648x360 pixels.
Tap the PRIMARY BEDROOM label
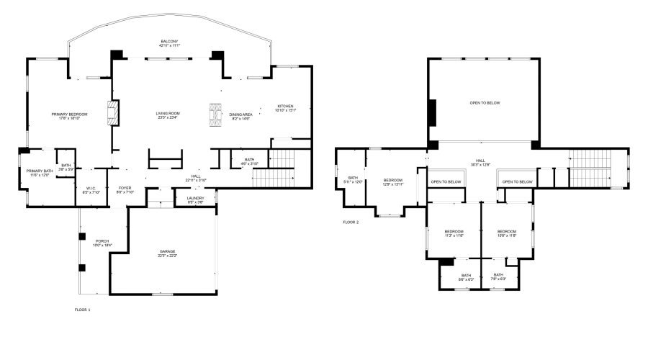[x=69, y=114]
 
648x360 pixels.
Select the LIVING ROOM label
[x=168, y=113]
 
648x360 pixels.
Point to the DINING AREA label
[x=240, y=114]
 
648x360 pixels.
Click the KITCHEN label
[x=286, y=106]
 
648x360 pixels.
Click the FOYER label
[x=126, y=188]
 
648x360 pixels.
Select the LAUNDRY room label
[x=195, y=199]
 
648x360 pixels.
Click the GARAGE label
[x=167, y=251]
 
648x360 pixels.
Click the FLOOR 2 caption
[x=351, y=222]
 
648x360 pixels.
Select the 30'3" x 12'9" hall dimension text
[x=481, y=165]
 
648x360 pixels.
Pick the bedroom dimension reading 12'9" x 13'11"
[x=392, y=184]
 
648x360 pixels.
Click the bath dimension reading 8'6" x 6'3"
[x=467, y=279]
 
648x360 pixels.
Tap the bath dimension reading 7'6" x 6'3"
[x=498, y=279]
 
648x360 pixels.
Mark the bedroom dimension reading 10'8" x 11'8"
[x=508, y=235]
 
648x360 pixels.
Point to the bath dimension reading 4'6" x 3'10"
[x=249, y=163]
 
